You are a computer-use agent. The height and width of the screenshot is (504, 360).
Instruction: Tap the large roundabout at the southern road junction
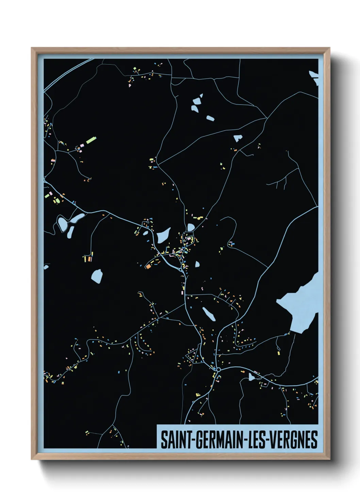tap(218, 369)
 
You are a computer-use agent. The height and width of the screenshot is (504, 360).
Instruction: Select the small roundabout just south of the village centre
tap(180, 269)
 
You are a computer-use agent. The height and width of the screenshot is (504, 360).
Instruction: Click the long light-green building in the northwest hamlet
tap(91, 140)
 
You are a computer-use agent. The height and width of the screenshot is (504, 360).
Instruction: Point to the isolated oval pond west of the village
tap(97, 276)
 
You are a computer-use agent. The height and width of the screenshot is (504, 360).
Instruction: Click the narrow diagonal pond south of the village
tap(209, 314)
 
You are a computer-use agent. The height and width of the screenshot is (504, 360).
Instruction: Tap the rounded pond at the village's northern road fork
tap(191, 227)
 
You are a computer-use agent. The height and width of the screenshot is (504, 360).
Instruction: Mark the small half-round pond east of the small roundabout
tap(197, 264)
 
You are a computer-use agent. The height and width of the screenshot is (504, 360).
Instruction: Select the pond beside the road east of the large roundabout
tap(251, 377)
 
